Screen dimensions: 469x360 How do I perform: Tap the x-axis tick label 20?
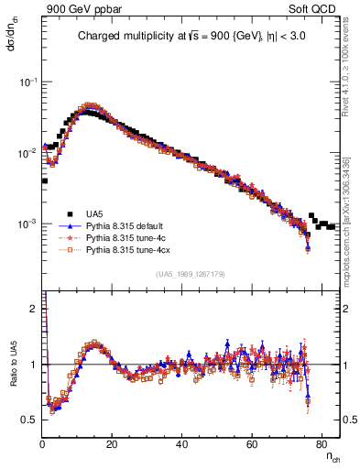[112, 444]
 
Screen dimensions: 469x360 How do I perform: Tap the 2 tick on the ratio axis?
[35, 309]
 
